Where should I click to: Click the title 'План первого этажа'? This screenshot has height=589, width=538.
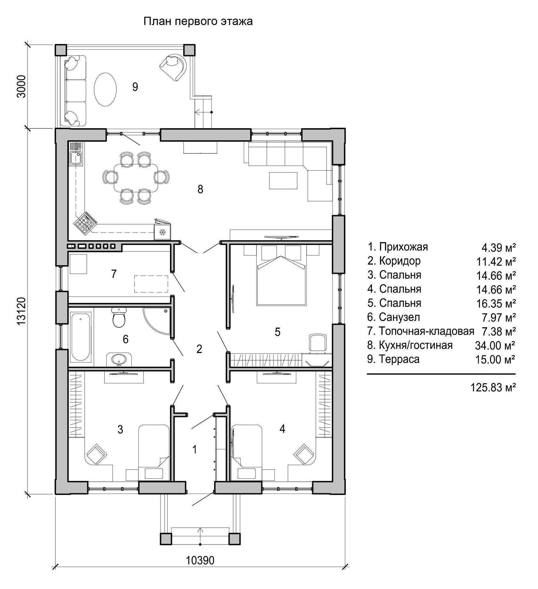[198, 21]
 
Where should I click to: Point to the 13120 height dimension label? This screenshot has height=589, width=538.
[21, 312]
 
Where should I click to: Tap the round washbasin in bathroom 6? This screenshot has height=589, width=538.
[119, 360]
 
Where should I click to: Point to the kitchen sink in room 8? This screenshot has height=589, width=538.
[77, 158]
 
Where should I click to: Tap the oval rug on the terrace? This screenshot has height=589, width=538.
[105, 90]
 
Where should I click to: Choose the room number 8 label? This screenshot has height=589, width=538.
[200, 190]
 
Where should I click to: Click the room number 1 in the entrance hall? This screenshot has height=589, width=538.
[194, 450]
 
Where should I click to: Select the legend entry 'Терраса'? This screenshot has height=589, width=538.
[399, 359]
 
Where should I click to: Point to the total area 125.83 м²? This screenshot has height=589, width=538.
[493, 388]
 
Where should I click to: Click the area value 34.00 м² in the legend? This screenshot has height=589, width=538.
[495, 345]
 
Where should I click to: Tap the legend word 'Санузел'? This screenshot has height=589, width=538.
[400, 317]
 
